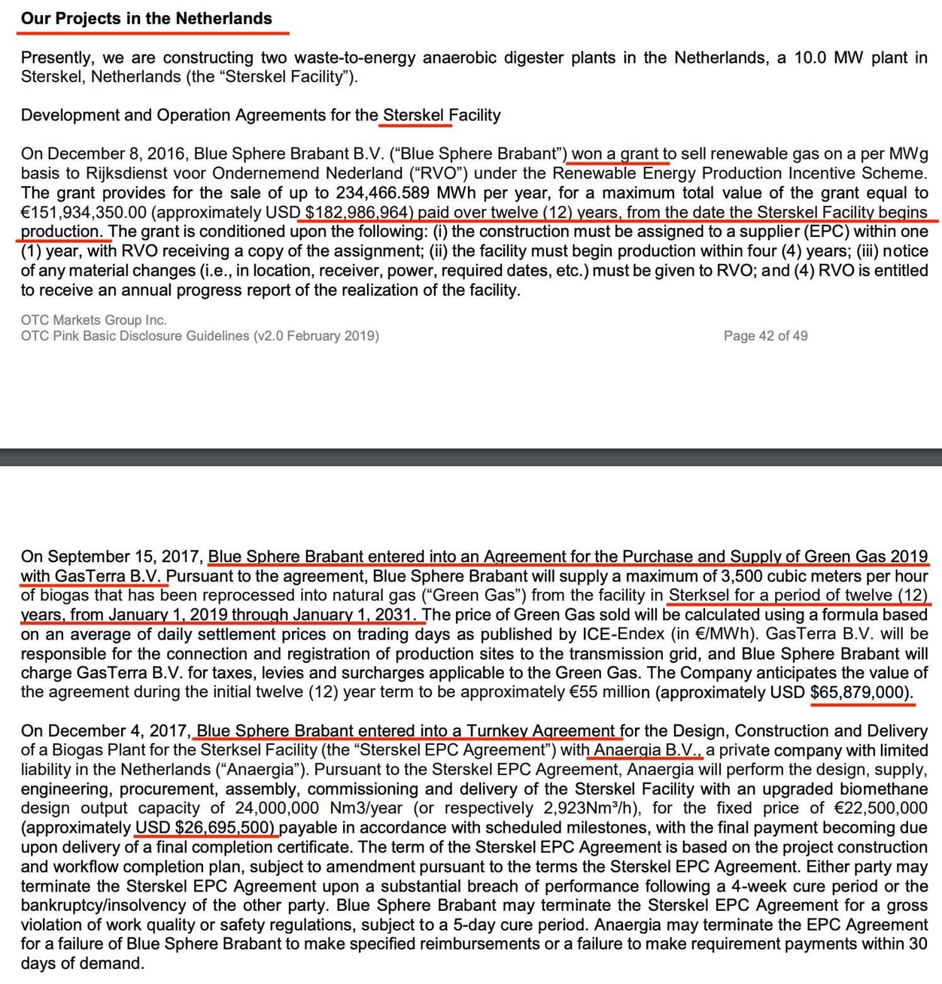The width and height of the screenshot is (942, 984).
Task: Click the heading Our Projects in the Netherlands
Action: [x=147, y=19]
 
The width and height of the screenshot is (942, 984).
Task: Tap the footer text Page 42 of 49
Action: [x=765, y=336]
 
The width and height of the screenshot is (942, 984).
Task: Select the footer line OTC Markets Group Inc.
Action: [x=94, y=320]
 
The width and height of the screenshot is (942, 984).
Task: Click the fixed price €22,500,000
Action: [x=883, y=809]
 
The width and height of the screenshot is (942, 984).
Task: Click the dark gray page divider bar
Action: [x=471, y=457]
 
